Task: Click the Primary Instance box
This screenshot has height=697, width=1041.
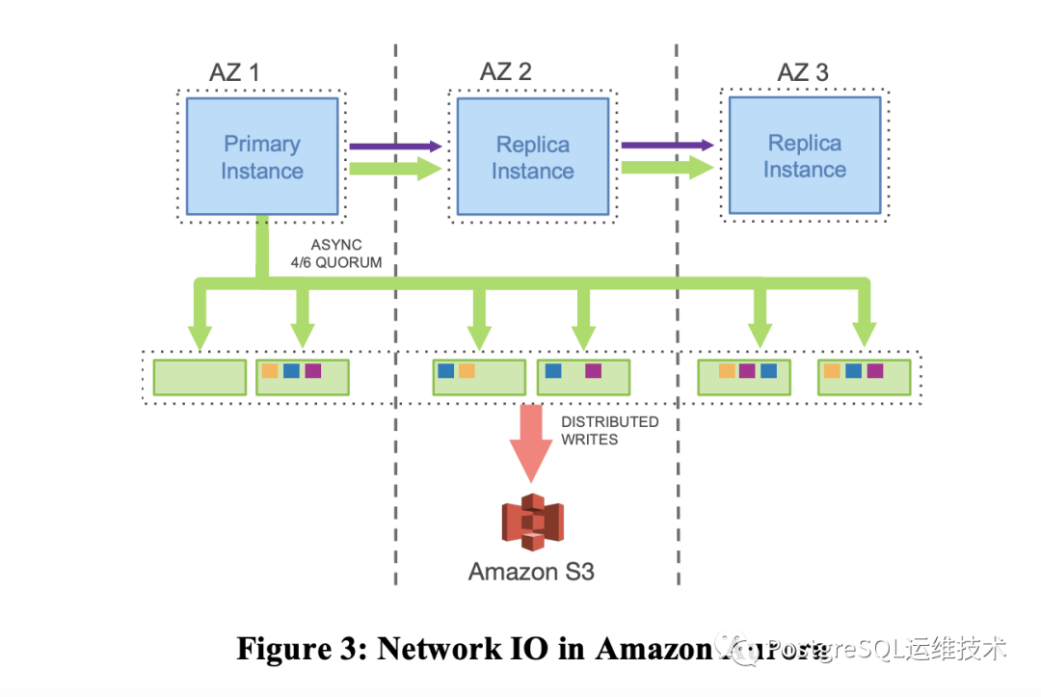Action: coord(261,157)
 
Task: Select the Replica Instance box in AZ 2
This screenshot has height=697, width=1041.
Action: coord(532,157)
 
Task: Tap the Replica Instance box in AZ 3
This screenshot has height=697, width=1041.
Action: coord(804,156)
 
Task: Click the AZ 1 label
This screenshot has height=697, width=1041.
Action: coord(234,71)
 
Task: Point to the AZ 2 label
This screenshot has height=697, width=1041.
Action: coord(505,71)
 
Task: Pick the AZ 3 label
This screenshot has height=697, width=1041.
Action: coord(802,71)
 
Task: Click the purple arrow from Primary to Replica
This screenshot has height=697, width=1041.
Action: coord(394,147)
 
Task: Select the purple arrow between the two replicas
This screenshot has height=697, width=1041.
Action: coord(666,146)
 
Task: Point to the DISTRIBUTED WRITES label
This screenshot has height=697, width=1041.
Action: coord(609,430)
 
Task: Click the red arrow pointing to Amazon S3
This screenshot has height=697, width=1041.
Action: coord(531,442)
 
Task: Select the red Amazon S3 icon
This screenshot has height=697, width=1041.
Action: coord(532,522)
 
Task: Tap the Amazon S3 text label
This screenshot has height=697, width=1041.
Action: coord(531,572)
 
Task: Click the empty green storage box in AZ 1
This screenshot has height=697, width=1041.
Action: coord(200,377)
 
